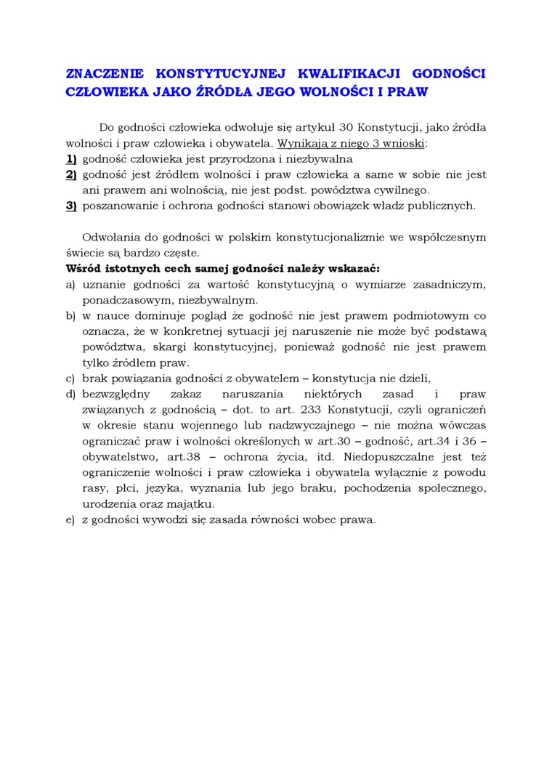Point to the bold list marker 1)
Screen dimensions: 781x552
point(71,158)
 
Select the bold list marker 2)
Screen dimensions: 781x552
point(71,174)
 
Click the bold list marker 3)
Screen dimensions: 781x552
point(71,206)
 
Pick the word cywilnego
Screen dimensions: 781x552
point(405,190)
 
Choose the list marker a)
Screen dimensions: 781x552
point(70,284)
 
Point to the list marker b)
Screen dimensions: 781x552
point(70,316)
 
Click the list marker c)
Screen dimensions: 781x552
point(70,378)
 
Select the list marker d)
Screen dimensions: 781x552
point(70,394)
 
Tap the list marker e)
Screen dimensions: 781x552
point(70,519)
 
